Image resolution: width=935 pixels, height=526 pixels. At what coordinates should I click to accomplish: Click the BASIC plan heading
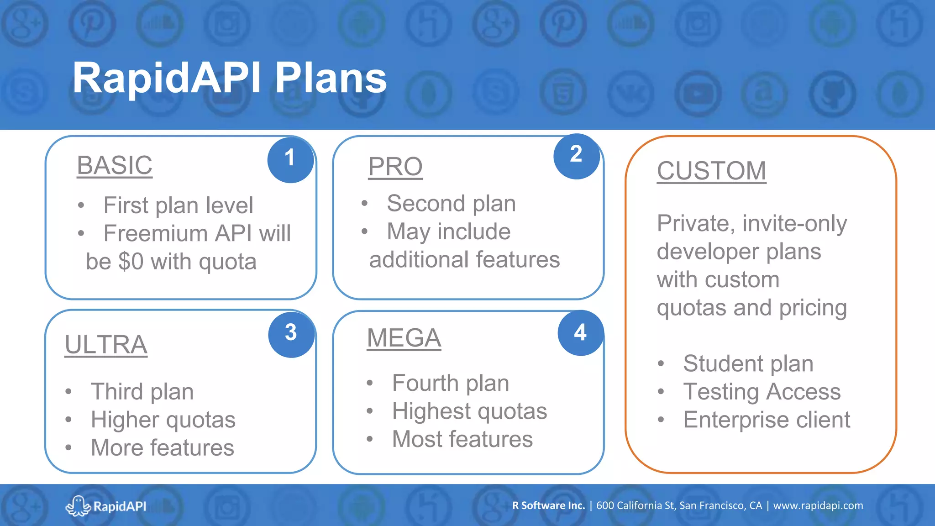tap(115, 165)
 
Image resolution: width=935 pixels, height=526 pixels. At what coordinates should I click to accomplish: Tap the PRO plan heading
tap(395, 167)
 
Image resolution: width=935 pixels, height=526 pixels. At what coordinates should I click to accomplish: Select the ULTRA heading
tap(106, 345)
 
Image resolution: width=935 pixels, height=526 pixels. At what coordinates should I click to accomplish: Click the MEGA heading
tap(404, 338)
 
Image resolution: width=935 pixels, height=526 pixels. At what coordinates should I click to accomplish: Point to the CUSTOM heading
tap(711, 171)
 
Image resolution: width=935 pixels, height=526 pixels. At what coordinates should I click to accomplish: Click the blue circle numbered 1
tap(290, 159)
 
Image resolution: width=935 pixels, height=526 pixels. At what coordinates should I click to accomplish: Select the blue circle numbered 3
tap(291, 334)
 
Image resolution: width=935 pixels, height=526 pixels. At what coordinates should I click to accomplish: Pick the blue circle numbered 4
tap(580, 333)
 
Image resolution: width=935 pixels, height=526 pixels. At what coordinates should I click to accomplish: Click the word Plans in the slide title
tap(331, 79)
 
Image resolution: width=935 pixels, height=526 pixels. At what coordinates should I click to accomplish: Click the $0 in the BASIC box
tap(131, 262)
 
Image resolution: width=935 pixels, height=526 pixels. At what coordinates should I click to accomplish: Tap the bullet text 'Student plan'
tap(748, 364)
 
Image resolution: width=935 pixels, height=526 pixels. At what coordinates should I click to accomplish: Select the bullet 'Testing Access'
tap(762, 392)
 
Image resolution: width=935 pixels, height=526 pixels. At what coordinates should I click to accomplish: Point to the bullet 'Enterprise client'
tap(767, 420)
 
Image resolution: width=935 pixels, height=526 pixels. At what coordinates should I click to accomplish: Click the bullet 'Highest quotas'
tap(469, 411)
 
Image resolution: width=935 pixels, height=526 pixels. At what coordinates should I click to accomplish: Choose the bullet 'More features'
tap(162, 448)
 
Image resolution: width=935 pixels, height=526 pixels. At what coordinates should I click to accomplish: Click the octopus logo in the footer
tap(78, 506)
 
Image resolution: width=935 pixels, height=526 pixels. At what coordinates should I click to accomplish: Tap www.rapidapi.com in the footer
tap(818, 506)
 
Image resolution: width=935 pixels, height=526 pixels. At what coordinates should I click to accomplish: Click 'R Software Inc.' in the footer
tap(548, 506)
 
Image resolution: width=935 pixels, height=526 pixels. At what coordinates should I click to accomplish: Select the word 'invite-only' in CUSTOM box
tap(794, 224)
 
